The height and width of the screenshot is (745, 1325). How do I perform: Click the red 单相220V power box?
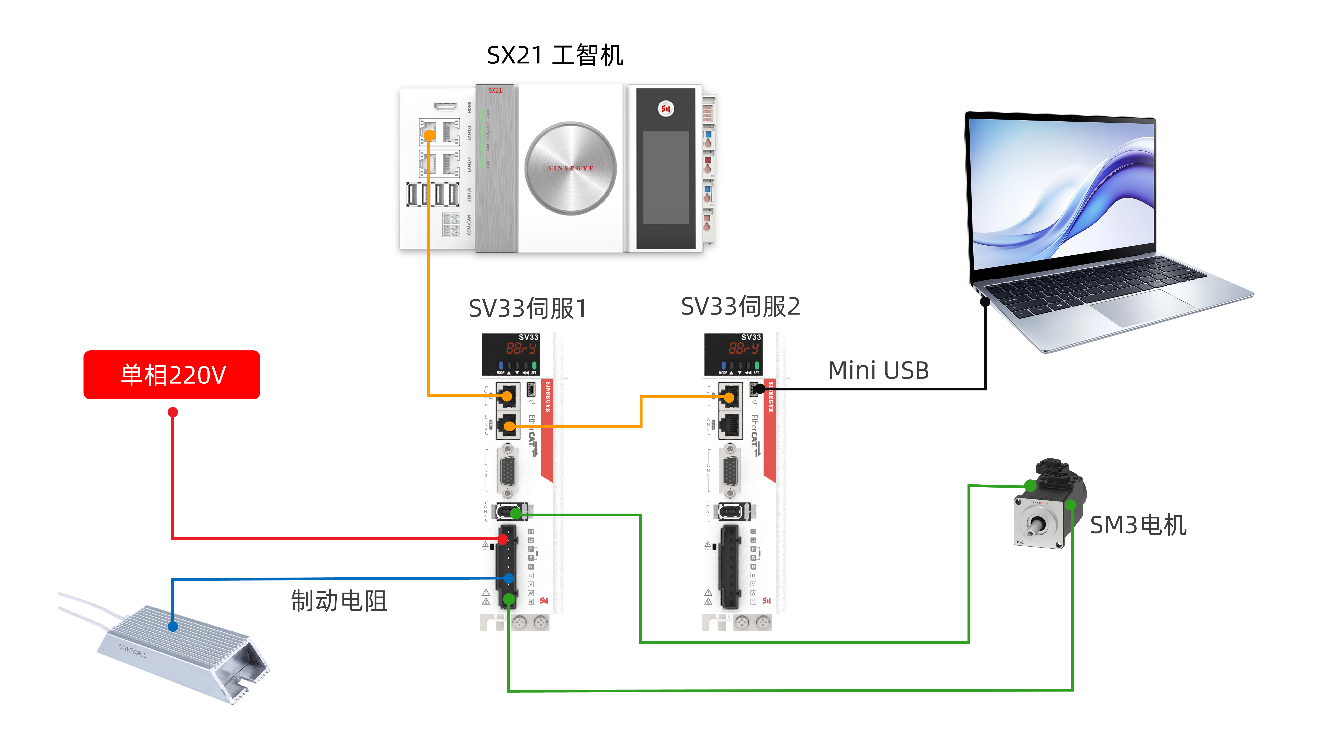coord(172,375)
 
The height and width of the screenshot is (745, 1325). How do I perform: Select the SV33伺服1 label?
coord(527,309)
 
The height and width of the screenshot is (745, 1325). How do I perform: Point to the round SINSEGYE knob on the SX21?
coord(570,168)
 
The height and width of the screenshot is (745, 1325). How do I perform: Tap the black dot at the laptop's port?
coord(985,301)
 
